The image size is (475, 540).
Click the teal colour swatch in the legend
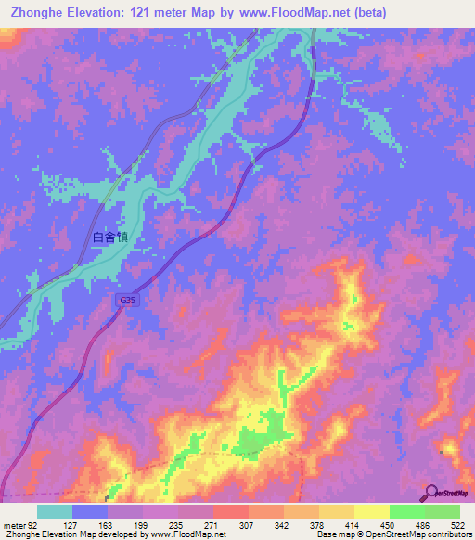point(55,511)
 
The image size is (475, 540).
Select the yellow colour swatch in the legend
point(371,511)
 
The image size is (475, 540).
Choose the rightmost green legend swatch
point(443,511)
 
